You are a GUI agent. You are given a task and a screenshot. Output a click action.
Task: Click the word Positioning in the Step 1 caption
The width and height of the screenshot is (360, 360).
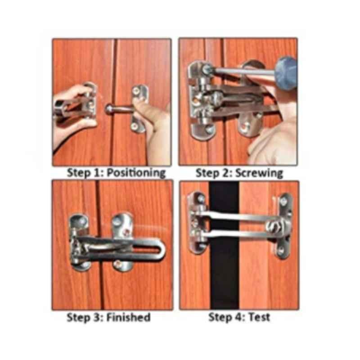[136, 173]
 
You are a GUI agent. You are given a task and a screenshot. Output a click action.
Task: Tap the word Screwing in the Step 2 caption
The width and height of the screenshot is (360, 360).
[259, 173]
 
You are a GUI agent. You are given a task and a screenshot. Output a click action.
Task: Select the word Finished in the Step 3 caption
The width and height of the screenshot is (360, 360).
[129, 317]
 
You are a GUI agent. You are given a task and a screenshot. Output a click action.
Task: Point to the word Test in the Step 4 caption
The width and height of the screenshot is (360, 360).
[259, 317]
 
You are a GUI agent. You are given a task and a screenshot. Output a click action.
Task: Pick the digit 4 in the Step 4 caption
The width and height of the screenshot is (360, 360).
[239, 317]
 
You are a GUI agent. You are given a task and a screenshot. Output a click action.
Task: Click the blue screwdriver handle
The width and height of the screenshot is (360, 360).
[285, 72]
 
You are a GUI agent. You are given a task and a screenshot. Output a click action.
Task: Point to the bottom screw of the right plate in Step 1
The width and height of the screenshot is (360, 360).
[135, 126]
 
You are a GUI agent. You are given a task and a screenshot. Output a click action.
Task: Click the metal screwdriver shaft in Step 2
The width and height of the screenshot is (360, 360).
[243, 72]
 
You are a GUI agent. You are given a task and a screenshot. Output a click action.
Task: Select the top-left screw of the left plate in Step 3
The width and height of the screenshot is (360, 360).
[82, 221]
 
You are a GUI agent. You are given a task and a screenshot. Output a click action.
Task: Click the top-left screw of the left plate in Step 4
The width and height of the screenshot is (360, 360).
[201, 198]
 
